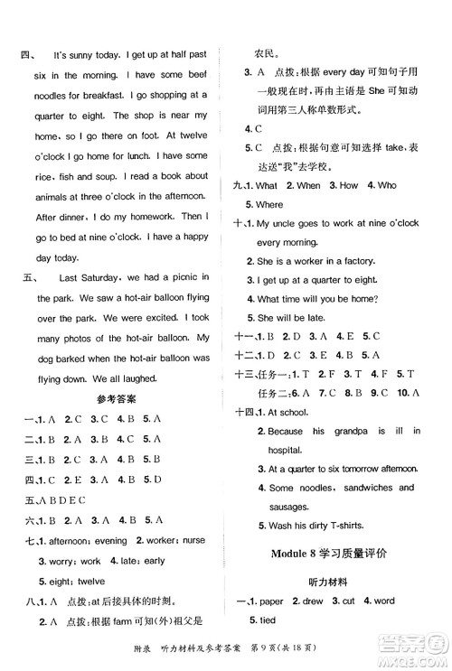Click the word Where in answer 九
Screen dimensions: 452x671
[x=270, y=205]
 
